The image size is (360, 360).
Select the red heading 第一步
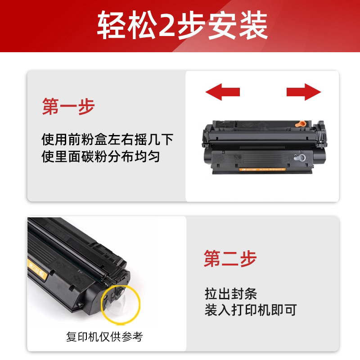tap(68, 107)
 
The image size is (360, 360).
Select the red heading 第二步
tap(230, 258)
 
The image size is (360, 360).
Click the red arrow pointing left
tap(222, 92)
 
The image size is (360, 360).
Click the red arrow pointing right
tap(304, 92)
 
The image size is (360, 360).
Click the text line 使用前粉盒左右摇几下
tap(107, 139)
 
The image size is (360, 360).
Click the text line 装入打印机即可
tap(251, 310)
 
